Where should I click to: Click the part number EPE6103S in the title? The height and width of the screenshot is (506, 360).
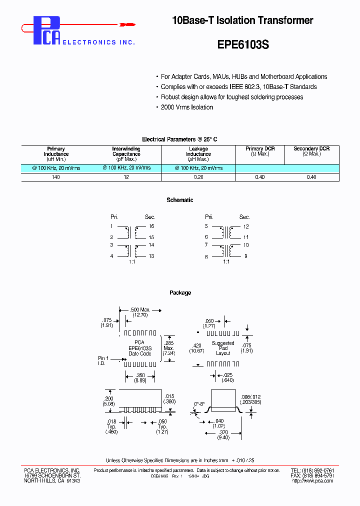243,44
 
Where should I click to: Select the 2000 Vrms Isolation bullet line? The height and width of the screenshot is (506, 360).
187,107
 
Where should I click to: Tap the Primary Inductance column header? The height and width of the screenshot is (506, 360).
56,154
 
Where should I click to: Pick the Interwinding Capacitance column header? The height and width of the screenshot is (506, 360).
126,154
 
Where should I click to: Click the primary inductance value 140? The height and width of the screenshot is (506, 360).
56,177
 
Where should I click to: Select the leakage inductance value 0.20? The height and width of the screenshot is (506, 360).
198,177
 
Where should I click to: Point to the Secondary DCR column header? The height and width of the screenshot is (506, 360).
311,151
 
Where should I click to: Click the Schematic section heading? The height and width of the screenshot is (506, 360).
180,200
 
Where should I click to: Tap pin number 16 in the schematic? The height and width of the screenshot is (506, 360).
151,226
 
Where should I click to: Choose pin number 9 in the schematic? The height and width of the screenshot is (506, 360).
246,256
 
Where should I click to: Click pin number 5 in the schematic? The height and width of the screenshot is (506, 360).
206,226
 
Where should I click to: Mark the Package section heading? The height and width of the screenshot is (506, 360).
180,293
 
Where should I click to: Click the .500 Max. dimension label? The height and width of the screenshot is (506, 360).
140,310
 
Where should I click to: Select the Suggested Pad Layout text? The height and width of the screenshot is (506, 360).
223,348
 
